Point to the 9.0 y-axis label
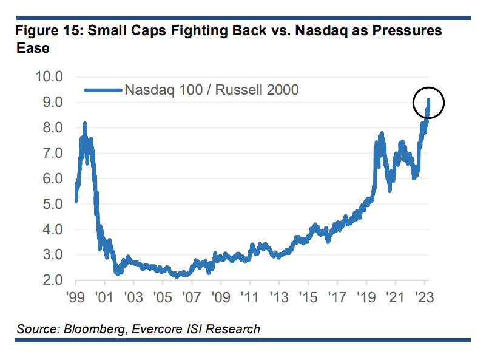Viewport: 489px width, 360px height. [x=52, y=103]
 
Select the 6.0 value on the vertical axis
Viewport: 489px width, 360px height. [x=52, y=179]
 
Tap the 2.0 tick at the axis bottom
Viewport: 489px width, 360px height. [x=52, y=280]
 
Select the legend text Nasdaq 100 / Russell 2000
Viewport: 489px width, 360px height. [x=211, y=90]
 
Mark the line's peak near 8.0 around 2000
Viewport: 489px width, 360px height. [x=85, y=124]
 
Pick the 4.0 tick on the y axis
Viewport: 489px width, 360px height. [x=52, y=230]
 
